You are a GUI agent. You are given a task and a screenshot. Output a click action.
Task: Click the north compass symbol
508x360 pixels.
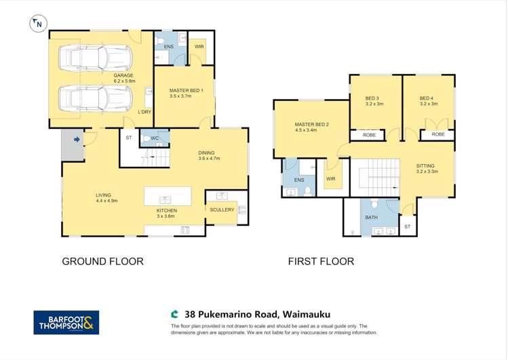[38, 24]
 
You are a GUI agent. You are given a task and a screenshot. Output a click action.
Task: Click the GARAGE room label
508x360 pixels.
[123, 76]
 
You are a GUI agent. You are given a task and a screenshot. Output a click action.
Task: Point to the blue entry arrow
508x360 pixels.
[77, 140]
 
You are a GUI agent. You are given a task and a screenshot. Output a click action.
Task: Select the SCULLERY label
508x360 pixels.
[222, 210]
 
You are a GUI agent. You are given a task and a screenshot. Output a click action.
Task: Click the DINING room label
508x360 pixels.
[209, 153]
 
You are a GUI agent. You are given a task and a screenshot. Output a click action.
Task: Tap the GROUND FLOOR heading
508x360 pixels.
[102, 261]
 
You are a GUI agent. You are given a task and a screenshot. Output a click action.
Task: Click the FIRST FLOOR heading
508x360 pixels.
[321, 261]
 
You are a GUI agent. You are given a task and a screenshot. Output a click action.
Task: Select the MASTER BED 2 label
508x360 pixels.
[311, 125]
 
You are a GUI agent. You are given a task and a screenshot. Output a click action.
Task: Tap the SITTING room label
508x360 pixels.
[425, 166]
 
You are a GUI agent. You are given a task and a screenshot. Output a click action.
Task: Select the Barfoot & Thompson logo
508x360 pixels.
[66, 322]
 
